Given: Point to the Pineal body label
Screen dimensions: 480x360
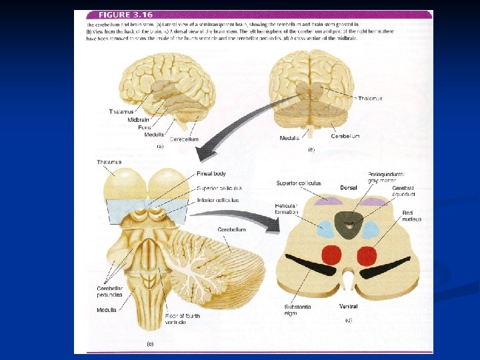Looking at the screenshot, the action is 211,174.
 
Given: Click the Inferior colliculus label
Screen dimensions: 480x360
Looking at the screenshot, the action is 219,200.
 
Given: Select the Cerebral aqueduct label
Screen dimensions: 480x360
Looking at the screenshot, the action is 403,191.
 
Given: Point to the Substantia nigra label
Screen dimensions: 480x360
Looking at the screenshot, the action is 297,310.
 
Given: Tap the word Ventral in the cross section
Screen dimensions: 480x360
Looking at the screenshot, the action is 348,307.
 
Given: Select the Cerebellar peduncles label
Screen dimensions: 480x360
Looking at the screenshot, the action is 110,291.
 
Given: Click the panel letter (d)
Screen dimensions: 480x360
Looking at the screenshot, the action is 349,321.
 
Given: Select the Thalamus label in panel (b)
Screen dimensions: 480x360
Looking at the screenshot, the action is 370,99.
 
